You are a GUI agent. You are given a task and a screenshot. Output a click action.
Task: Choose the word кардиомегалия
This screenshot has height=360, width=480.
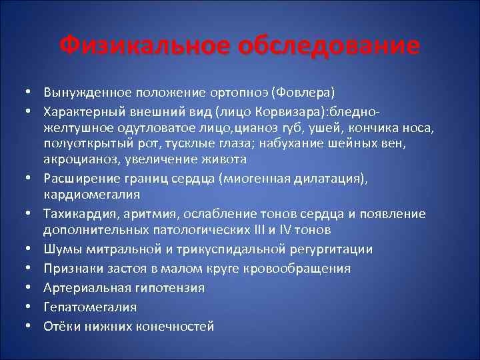(92, 194)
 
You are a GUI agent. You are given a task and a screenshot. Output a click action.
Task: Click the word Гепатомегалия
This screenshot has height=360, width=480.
(89, 307)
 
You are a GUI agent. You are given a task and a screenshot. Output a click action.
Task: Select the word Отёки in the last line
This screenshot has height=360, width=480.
(61, 326)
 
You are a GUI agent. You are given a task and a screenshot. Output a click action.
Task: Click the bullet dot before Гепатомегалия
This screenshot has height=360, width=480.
(31, 307)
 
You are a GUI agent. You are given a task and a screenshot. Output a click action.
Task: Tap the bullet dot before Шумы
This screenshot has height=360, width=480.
(31, 249)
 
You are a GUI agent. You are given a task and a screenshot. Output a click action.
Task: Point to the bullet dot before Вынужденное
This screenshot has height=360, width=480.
(31, 90)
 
